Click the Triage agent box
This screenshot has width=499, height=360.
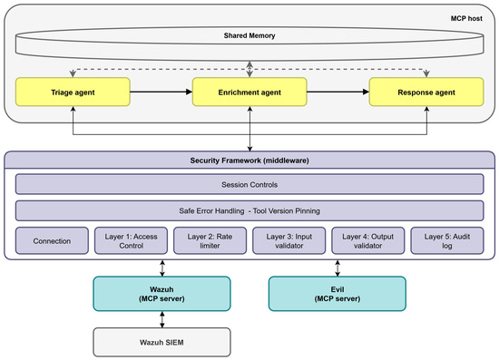click(x=73, y=92)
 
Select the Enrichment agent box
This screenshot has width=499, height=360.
click(x=249, y=92)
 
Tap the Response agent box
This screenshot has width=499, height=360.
click(x=426, y=92)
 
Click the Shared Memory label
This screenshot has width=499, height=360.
click(x=249, y=35)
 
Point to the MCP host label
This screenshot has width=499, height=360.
click(x=466, y=18)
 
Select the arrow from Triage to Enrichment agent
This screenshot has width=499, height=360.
click(x=161, y=92)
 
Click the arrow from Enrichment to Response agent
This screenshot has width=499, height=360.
click(x=338, y=92)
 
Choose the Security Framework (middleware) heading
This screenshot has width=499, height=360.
click(x=249, y=161)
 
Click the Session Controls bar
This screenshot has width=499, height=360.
click(x=249, y=184)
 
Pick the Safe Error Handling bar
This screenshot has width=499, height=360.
click(x=249, y=210)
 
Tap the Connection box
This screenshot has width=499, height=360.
click(x=52, y=240)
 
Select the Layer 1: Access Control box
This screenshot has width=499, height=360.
click(x=132, y=240)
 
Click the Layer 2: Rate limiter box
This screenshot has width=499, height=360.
click(x=210, y=240)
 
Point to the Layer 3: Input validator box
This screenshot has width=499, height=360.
click(x=289, y=240)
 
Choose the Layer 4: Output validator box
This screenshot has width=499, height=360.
click(x=368, y=240)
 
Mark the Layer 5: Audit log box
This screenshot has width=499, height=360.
click(x=447, y=240)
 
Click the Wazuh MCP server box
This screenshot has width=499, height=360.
click(x=161, y=294)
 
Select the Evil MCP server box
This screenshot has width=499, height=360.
click(x=338, y=294)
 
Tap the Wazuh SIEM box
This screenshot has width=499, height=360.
click(x=161, y=342)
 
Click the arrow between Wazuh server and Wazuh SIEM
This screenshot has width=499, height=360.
click(x=162, y=319)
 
